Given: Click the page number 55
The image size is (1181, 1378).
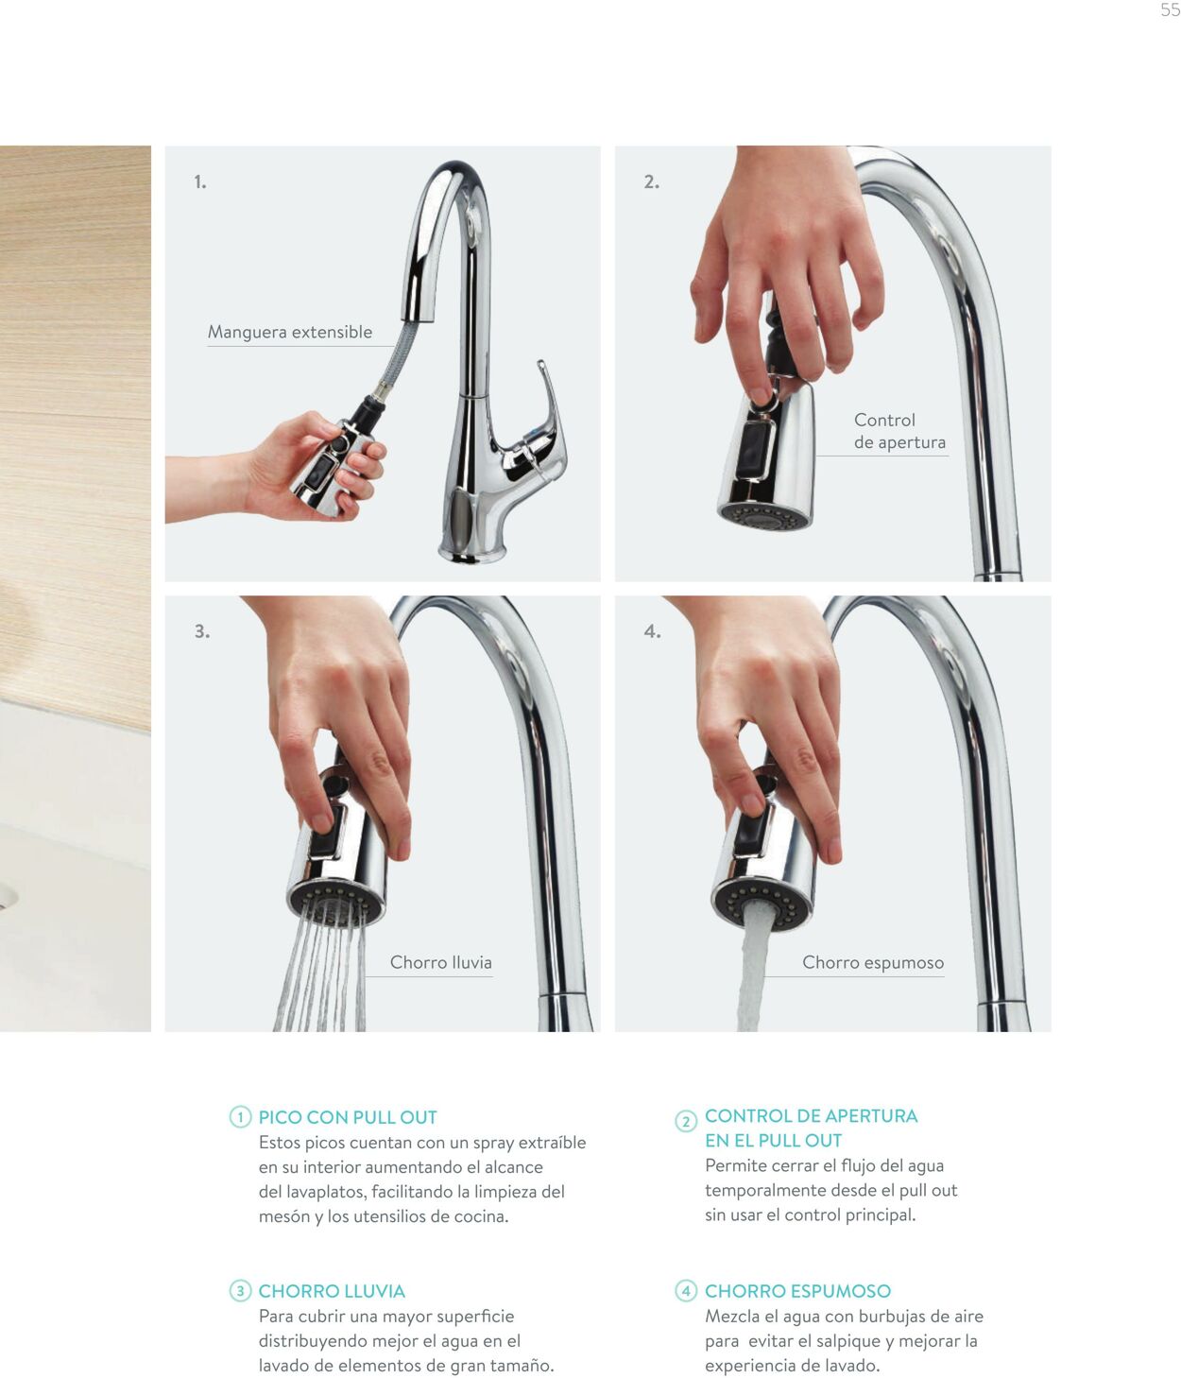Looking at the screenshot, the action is (1170, 10).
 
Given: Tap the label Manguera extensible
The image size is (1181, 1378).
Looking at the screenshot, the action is (290, 332).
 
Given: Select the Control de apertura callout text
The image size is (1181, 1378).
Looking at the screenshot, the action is (899, 431).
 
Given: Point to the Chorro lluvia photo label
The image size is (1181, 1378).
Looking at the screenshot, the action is (440, 962).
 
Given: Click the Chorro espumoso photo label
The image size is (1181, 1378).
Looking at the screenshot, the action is (872, 962).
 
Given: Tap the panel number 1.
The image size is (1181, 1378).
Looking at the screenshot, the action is (200, 181).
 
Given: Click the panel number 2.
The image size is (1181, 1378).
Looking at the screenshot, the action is (651, 181).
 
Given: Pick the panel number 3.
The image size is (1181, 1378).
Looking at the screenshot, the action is (202, 631).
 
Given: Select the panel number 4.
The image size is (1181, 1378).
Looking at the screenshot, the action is (652, 631).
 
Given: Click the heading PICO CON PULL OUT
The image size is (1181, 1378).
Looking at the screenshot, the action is (348, 1117).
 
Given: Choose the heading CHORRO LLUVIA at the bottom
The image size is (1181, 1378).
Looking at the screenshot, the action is (332, 1291).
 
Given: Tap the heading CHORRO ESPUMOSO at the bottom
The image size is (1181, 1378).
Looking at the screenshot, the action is (797, 1291).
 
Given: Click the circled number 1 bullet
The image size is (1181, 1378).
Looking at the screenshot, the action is (240, 1116).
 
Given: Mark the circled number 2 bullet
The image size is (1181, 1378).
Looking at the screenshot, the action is (686, 1121).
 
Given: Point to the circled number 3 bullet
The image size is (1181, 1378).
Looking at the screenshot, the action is (240, 1291).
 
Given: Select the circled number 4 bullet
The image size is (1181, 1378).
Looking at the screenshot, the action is (686, 1291).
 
